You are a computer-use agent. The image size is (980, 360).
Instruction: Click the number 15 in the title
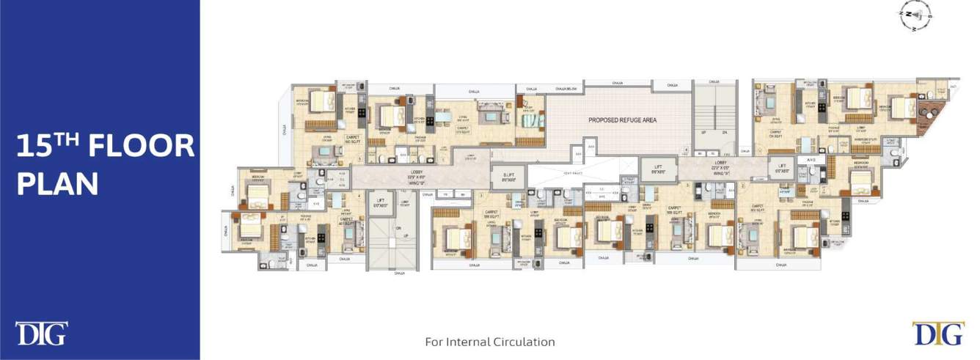pos(37,147)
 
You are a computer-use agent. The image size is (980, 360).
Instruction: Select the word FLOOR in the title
pos(141,147)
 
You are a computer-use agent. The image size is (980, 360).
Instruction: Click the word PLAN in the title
pos(57,184)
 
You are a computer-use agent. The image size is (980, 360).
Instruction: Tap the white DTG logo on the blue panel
pos(41,333)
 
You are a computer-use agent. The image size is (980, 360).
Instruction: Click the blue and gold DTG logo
pos(938,333)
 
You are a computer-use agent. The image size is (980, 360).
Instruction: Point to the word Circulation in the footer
pos(522,342)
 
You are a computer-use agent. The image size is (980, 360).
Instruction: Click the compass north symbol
pos(915,15)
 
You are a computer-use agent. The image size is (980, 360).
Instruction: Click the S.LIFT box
pos(509,176)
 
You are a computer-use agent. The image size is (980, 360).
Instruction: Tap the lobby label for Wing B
pos(415,176)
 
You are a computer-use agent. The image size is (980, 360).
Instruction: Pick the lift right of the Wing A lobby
pos(782,167)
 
